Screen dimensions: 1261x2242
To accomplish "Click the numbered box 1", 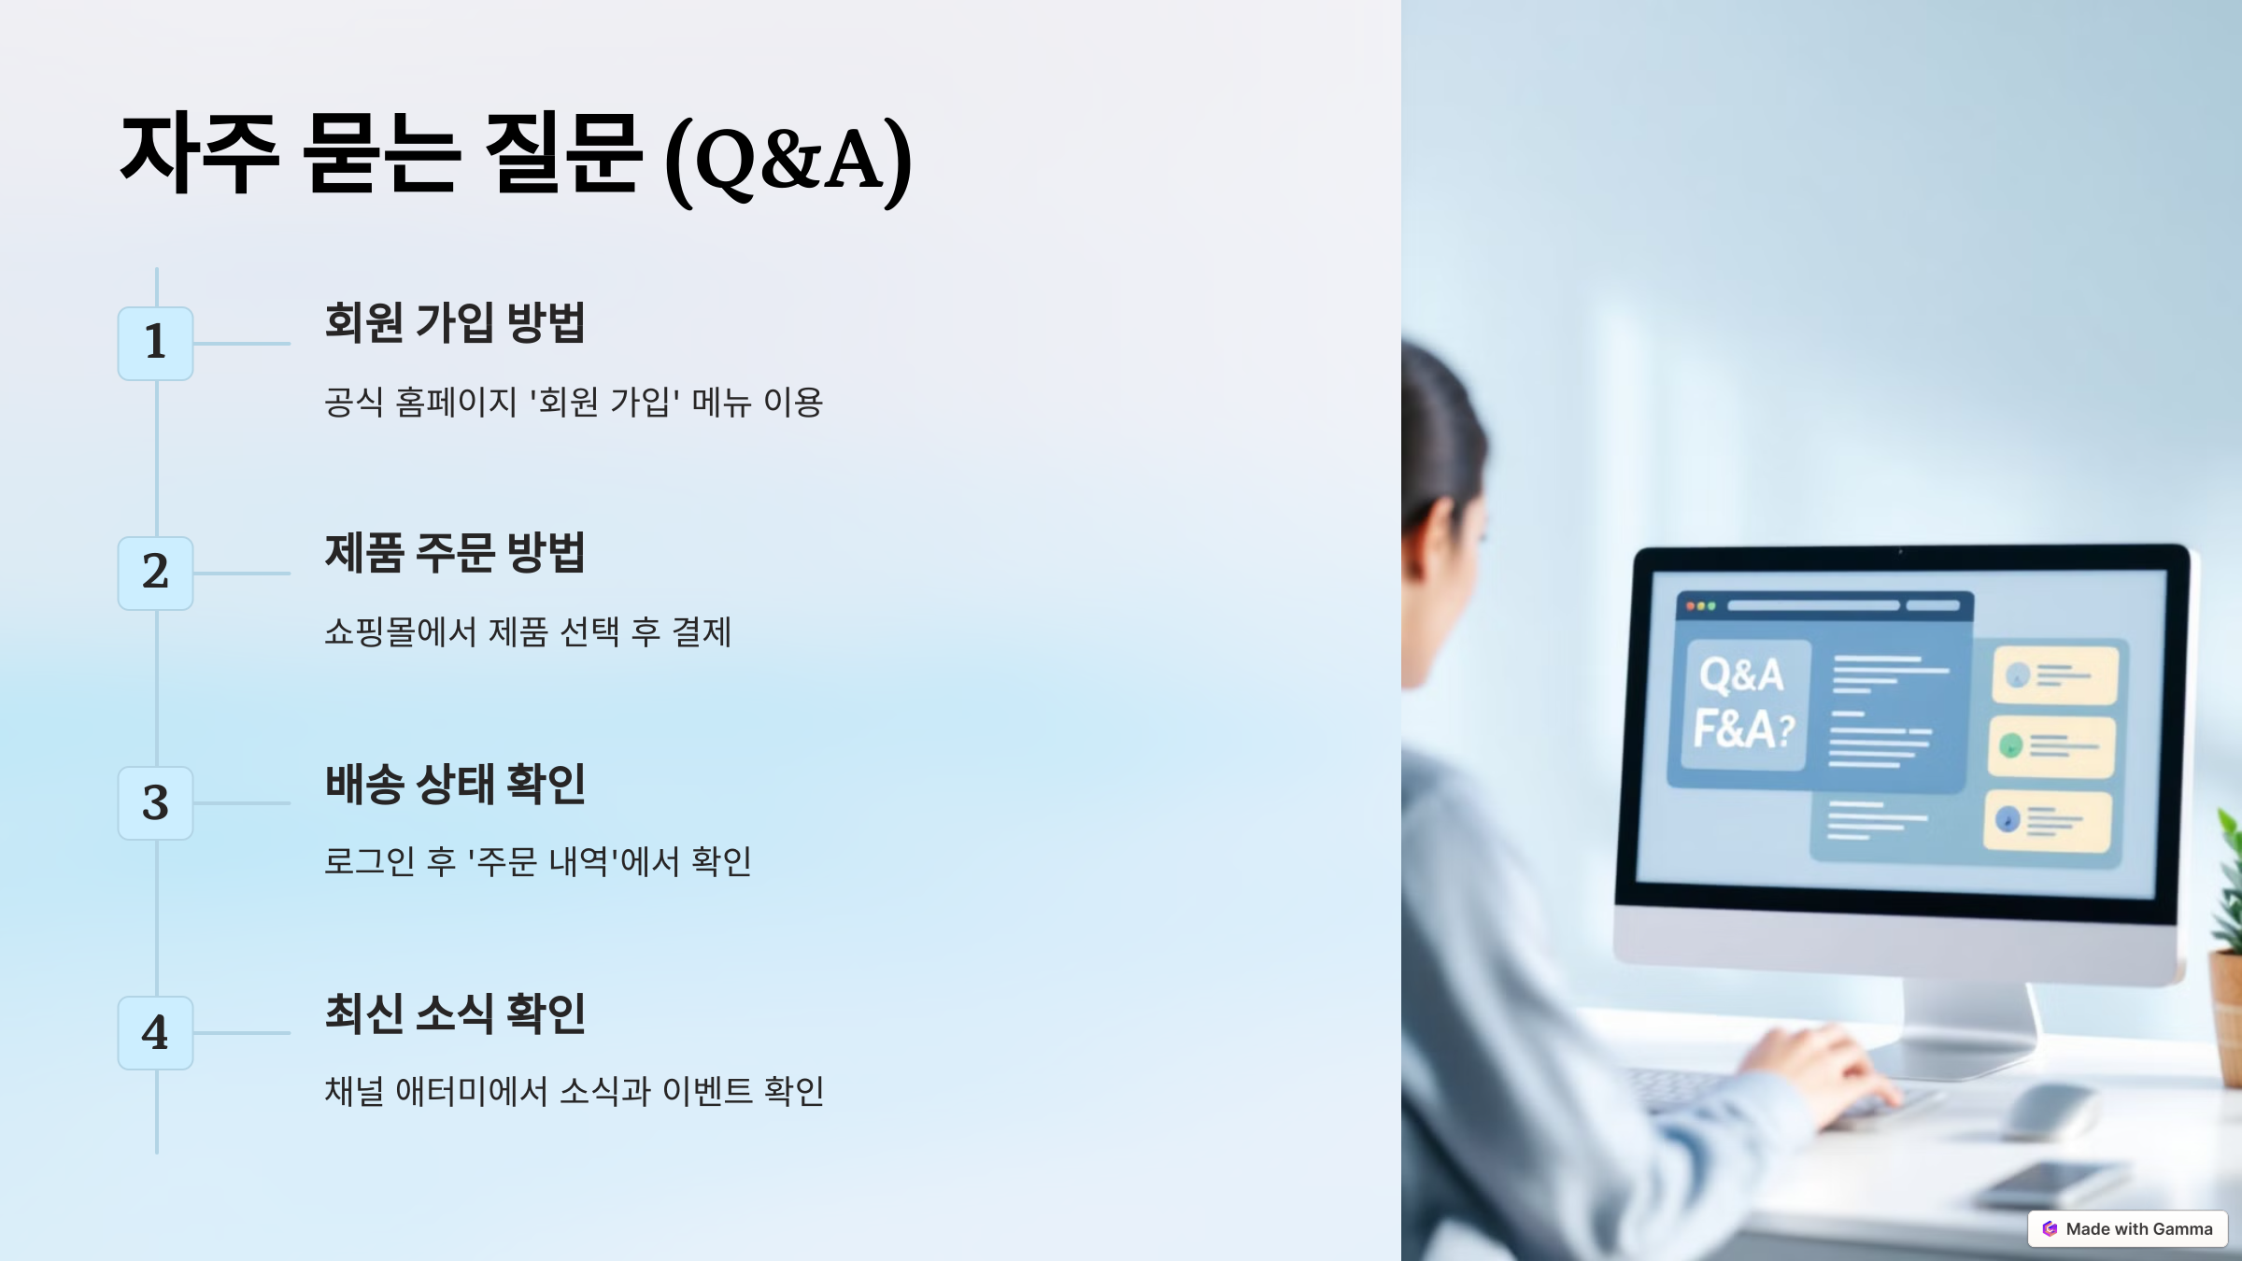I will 155,343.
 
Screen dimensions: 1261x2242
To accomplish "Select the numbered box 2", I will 155,573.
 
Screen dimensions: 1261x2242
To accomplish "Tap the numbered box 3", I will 155,802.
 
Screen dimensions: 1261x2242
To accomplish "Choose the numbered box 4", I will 155,1032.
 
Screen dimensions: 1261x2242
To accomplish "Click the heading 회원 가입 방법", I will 454,322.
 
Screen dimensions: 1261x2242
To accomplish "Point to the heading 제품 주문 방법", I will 454,552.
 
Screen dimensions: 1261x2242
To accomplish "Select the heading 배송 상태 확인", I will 454,783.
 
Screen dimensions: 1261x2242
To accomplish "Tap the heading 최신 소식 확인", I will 454,1013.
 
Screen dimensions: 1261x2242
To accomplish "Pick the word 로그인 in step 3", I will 369,861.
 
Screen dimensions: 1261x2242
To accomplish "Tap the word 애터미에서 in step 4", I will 471,1091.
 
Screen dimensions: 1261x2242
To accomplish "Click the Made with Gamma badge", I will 2127,1228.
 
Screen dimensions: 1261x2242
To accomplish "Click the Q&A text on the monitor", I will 1741,674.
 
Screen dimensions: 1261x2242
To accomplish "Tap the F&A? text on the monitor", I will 1743,729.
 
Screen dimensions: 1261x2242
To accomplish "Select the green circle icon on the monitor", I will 2011,745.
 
